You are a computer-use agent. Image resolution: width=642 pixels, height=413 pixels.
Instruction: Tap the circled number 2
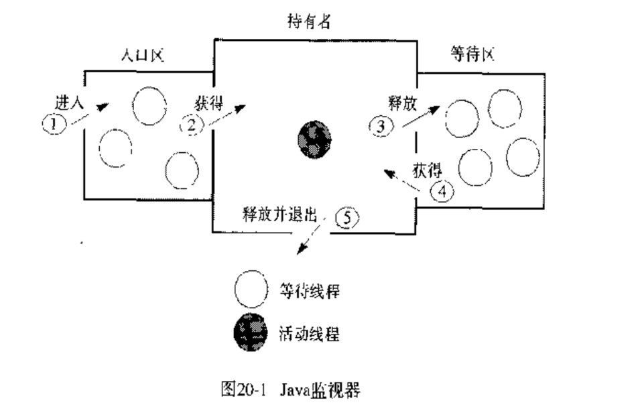point(193,123)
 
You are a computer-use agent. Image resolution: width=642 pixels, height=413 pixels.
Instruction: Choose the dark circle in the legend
point(251,332)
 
